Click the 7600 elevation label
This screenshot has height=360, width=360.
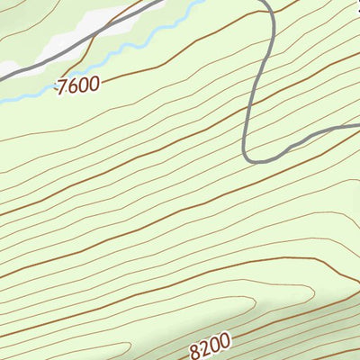coord(77,85)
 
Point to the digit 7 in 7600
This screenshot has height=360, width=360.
coord(61,88)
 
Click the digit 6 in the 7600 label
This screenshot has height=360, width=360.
coord(72,86)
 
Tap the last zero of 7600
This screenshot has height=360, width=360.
coord(94,83)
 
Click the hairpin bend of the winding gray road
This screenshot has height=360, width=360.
coord(249,157)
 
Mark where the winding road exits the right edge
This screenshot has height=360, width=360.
coord(357,128)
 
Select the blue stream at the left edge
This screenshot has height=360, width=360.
coord(3,101)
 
